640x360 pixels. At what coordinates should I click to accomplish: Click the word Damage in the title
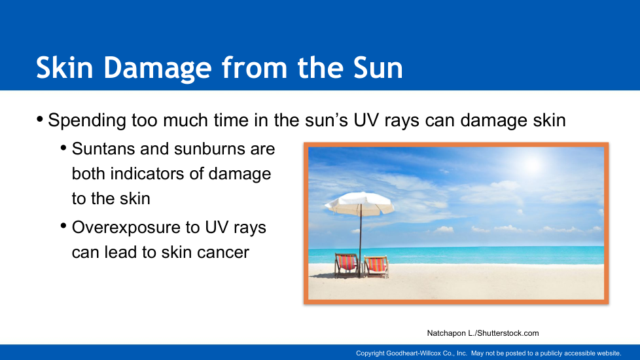[x=158, y=68]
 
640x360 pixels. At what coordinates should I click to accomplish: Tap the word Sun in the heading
[x=378, y=67]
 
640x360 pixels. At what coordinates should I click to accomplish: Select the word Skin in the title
[x=65, y=67]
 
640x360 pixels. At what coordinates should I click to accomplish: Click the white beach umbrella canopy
[x=360, y=203]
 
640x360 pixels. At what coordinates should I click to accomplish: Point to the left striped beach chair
[x=347, y=265]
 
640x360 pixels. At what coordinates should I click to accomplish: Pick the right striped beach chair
[x=376, y=266]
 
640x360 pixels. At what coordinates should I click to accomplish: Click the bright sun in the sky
[x=533, y=164]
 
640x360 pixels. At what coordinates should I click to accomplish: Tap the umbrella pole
[x=361, y=241]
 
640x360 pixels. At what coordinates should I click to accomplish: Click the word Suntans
[x=103, y=149]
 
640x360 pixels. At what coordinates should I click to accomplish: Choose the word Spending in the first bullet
[x=87, y=121]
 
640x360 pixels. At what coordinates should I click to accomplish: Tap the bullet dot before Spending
[x=40, y=119]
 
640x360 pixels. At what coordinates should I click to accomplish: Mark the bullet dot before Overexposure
[x=63, y=226]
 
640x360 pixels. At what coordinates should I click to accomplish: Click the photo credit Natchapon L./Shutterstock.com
[x=483, y=333]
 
